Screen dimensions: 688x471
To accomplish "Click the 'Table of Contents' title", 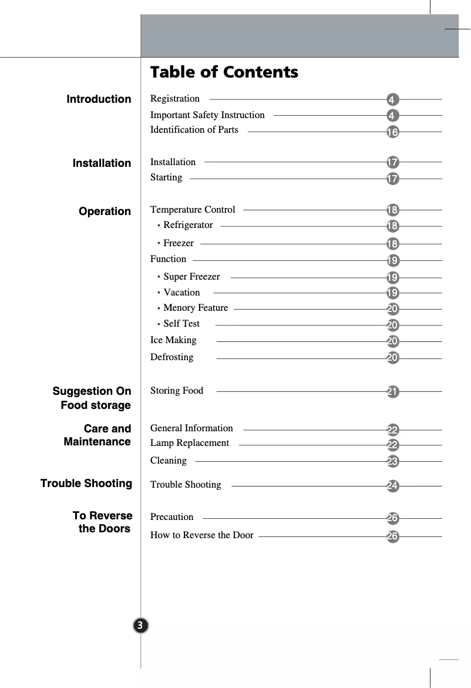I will point(224,72).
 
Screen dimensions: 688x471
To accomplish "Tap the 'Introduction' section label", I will point(99,99).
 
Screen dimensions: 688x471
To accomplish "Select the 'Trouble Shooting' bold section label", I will point(86,484).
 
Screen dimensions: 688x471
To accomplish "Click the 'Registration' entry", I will point(175,99).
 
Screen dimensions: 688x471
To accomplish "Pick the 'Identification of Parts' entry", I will point(194,130).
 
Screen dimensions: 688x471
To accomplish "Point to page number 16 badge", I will point(392,132).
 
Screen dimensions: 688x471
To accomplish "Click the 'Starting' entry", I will point(166,177).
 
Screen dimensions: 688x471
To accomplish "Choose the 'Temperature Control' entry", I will point(193,210).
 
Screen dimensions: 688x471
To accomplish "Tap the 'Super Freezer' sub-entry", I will point(191,277).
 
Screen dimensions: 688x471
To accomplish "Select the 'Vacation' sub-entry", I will point(181,293).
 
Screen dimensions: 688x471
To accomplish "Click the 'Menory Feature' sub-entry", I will point(196,308).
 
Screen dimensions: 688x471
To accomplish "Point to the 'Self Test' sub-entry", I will point(181,324).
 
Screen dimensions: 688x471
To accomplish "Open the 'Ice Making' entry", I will point(173,340).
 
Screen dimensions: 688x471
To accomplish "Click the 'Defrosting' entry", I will point(171,357).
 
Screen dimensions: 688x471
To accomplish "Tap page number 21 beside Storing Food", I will point(393,392).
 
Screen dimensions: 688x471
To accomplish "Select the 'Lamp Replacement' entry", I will point(190,443).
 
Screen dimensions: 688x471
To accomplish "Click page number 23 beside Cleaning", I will point(393,462).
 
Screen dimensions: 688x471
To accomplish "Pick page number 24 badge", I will point(393,486).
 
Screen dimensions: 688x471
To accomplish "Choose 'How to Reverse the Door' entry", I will point(202,535).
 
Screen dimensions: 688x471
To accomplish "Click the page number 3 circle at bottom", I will point(140,625).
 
